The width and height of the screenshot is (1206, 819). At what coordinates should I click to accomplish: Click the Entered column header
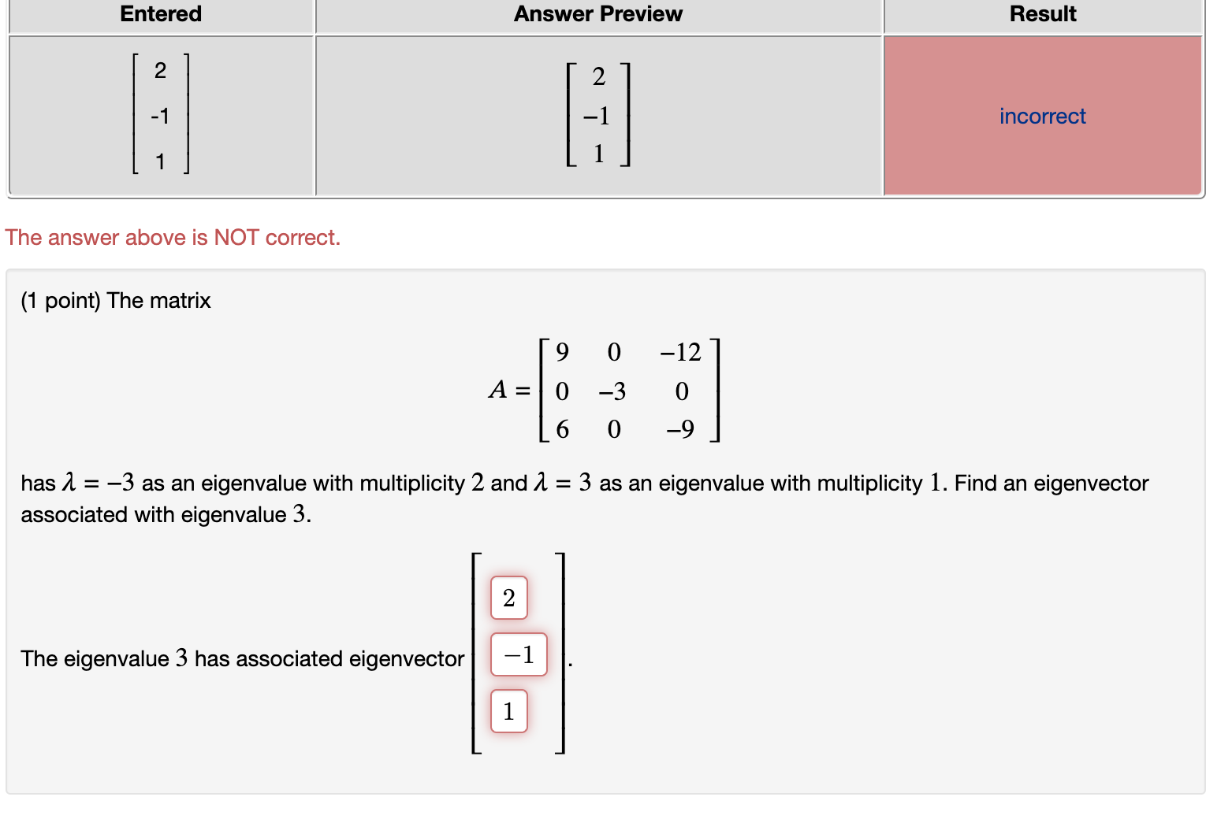[x=161, y=14]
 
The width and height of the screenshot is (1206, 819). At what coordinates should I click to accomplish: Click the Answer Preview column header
[x=597, y=14]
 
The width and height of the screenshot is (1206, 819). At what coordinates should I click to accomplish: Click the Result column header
[x=1042, y=14]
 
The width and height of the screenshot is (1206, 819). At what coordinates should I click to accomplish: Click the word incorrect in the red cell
[x=1042, y=117]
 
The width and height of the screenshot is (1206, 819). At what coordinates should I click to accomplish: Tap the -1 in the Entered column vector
[x=160, y=117]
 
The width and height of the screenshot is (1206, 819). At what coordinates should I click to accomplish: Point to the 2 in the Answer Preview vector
[x=598, y=77]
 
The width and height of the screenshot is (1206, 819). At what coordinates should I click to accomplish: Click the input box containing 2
[x=508, y=598]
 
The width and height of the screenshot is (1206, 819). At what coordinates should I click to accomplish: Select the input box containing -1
[x=519, y=654]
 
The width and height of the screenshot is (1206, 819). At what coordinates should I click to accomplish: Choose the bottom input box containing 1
[x=508, y=711]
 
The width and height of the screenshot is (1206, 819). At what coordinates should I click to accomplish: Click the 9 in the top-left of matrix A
[x=562, y=352]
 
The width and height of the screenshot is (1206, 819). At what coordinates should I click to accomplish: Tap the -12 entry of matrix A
[x=680, y=352]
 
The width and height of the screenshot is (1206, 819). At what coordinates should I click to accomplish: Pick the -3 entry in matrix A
[x=612, y=391]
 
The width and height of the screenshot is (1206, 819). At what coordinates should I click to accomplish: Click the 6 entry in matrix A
[x=562, y=429]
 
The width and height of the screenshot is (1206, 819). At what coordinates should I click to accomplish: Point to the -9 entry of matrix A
[x=680, y=429]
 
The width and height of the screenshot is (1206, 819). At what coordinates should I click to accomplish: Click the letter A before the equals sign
[x=497, y=390]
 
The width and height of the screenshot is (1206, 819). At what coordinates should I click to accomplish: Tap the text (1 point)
[x=61, y=301]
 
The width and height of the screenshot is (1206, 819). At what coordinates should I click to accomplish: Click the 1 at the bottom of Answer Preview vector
[x=598, y=154]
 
